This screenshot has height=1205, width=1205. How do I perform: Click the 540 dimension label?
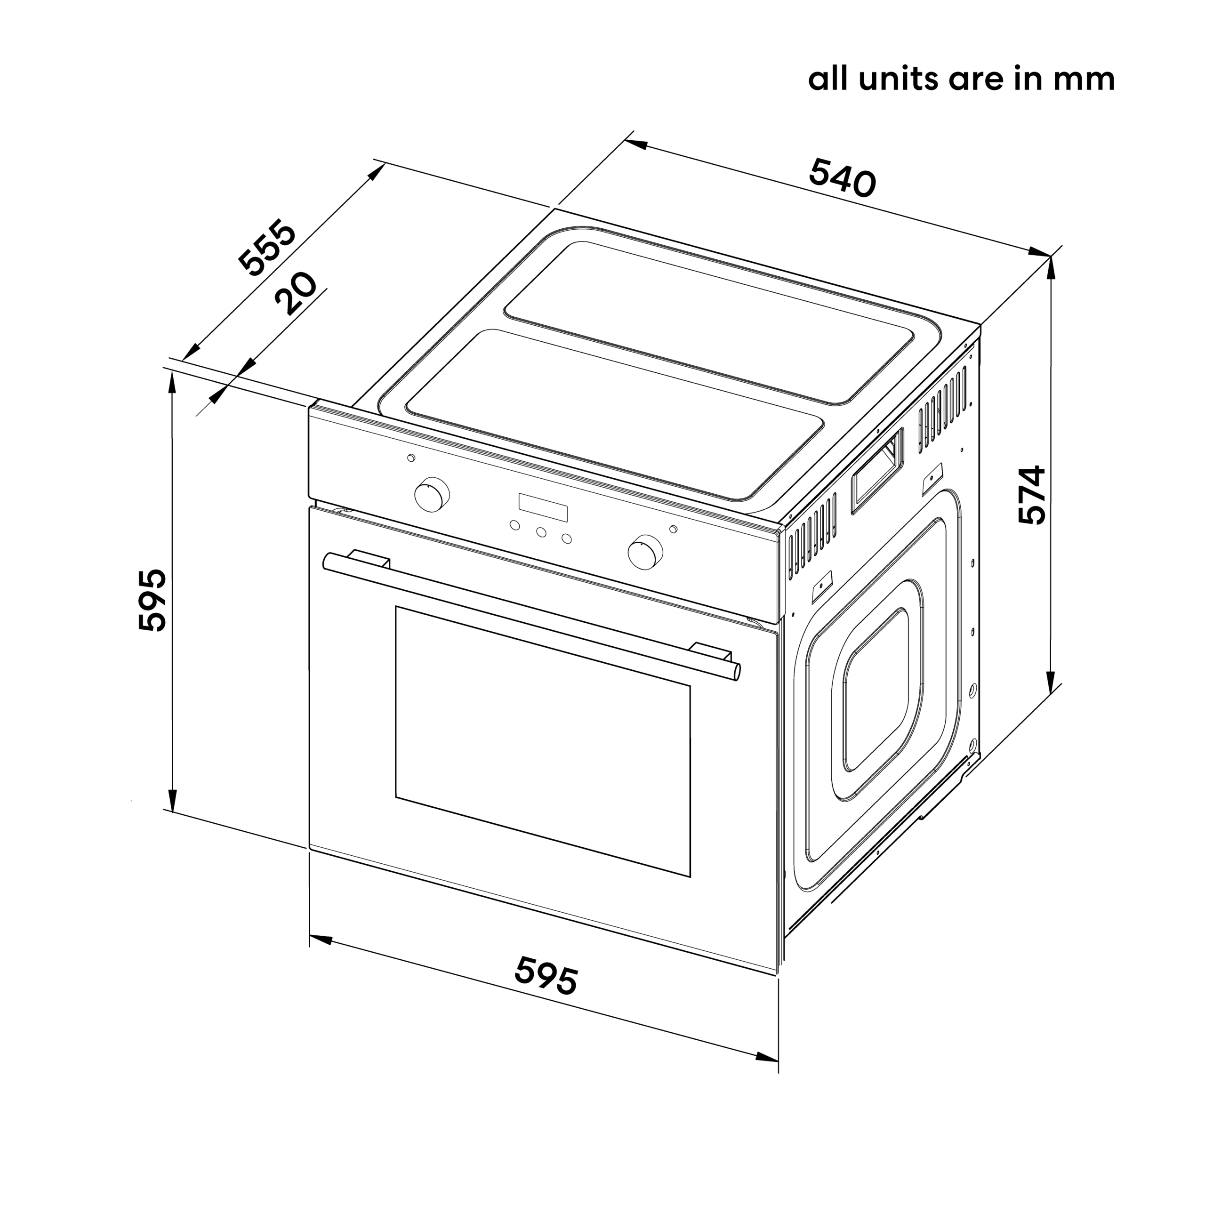point(842,178)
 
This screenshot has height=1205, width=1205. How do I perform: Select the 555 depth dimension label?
point(267,247)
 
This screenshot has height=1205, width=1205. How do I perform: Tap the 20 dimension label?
point(296,293)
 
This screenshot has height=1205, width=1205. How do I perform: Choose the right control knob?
point(645,551)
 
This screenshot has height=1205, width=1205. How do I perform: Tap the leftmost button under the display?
point(514,525)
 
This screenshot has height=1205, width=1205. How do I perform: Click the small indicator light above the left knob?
point(410,458)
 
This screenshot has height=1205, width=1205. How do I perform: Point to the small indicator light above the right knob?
point(672,529)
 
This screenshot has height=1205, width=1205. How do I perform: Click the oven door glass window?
point(543,741)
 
